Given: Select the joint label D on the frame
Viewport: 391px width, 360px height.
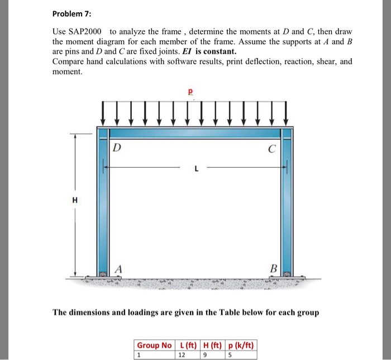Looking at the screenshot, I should click(x=116, y=148).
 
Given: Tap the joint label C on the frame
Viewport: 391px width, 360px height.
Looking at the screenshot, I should click(x=271, y=149).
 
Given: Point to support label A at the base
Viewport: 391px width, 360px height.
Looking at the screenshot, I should click(x=118, y=268).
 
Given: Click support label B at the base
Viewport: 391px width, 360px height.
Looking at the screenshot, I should click(x=273, y=268).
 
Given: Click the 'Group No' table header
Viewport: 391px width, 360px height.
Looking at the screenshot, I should click(x=154, y=345).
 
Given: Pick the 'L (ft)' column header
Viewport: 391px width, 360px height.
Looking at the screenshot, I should click(x=186, y=345).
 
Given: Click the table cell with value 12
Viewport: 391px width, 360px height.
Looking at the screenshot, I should click(x=181, y=354).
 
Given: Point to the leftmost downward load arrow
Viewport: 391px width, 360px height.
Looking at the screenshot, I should click(x=103, y=113).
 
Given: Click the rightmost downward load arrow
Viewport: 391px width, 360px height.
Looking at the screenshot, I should click(x=287, y=113).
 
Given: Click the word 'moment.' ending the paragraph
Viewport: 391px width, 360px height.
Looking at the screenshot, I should click(x=67, y=72).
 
